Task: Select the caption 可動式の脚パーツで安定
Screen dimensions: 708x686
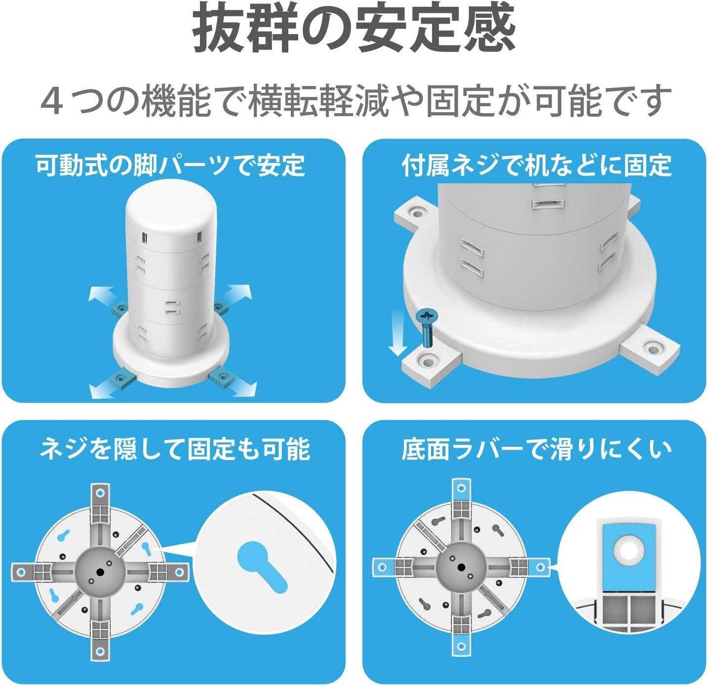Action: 170,166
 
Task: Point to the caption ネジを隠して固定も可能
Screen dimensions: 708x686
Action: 175,450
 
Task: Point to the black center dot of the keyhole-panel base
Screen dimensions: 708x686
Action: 101,572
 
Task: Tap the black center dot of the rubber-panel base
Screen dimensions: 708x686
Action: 461,567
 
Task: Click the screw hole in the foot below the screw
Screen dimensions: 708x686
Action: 427,360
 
